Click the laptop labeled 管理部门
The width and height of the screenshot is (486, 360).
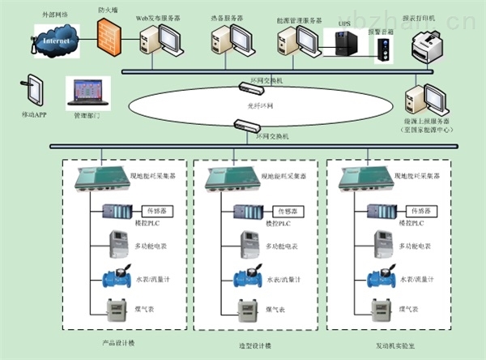[x=85, y=91]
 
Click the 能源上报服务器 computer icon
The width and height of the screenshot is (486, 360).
[x=421, y=98]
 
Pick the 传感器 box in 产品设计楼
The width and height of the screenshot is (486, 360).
[x=159, y=211]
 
